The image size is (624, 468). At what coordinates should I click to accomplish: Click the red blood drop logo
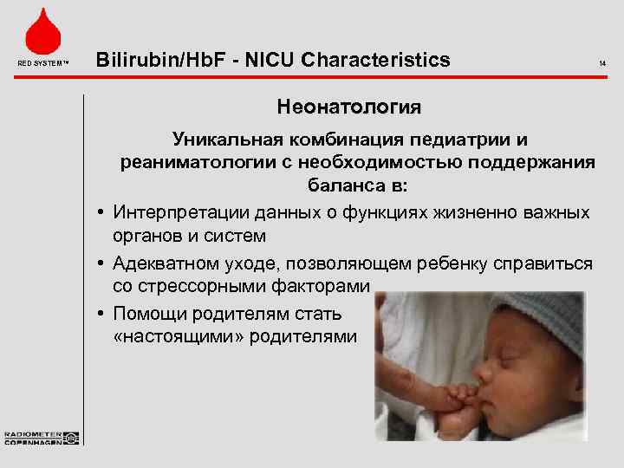point(42,32)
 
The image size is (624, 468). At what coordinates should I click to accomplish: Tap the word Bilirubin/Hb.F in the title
point(153,60)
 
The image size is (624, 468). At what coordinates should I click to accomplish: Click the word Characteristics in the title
point(378,60)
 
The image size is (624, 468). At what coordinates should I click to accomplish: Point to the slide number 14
point(602,62)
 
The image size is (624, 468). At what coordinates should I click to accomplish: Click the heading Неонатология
point(348,107)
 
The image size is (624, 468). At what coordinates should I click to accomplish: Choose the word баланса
point(339,186)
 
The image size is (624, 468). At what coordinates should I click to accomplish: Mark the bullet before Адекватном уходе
point(102,263)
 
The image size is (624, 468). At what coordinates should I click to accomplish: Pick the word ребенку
point(460,262)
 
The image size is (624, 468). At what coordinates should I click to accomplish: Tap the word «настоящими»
point(179,336)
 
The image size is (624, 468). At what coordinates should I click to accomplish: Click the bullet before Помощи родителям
point(102,313)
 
